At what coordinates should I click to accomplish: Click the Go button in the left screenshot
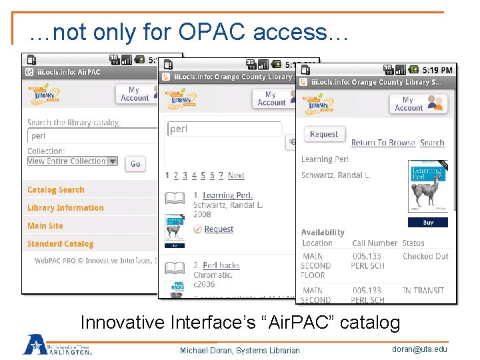click(135, 163)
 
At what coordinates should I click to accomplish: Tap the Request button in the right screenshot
click(324, 134)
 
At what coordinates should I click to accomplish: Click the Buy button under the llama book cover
click(428, 222)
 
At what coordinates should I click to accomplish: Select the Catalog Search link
click(56, 190)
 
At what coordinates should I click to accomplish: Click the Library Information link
click(65, 208)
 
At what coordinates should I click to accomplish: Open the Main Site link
click(45, 226)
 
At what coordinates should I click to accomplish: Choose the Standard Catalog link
click(60, 244)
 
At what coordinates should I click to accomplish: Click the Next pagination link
click(236, 175)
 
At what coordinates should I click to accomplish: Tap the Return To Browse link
click(383, 143)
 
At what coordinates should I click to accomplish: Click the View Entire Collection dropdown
click(72, 161)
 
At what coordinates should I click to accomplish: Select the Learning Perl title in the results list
click(227, 195)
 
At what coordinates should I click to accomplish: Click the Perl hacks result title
click(221, 265)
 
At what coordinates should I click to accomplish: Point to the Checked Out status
click(425, 256)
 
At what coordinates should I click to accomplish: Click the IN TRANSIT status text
click(423, 291)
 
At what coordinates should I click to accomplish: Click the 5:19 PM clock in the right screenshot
click(437, 69)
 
